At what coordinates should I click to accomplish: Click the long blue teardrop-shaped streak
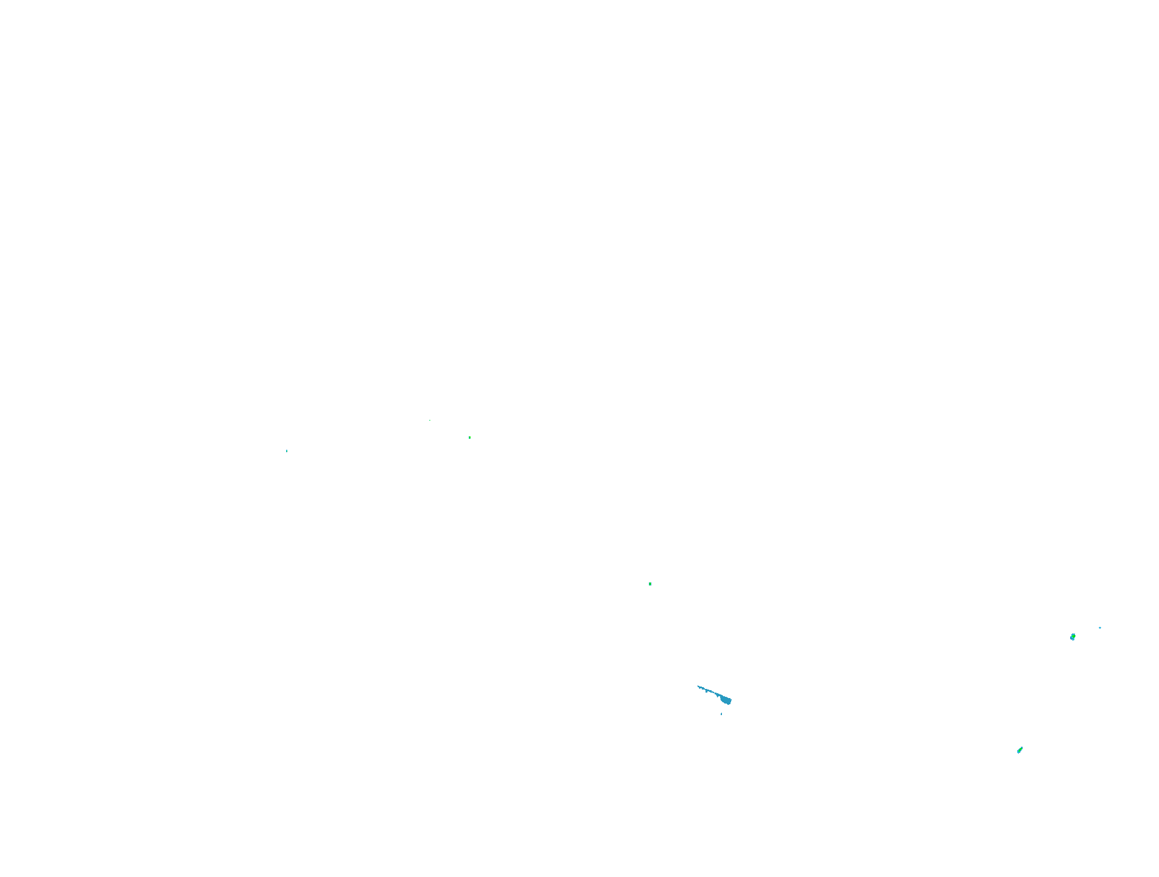716,694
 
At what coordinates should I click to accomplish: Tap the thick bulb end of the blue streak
726,701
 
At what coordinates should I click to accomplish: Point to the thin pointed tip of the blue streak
698,687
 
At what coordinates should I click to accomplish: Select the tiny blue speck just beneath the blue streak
721,714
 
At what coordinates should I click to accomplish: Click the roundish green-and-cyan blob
1073,637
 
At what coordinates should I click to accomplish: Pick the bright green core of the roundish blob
1073,636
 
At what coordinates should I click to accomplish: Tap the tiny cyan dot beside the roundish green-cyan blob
1100,627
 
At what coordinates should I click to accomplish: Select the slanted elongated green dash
1020,750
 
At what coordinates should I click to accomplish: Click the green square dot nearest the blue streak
650,584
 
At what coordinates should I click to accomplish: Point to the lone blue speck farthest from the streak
287,451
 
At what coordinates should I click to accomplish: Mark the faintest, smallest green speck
430,420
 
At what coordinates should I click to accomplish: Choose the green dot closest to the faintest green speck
469,438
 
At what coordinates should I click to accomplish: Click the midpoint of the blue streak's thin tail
709,691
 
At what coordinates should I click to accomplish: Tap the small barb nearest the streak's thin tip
706,691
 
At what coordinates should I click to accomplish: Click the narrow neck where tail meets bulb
721,696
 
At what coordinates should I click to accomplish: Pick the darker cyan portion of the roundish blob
1071,638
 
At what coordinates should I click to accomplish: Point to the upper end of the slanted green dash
1021,747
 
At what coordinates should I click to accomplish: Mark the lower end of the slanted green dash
1018,752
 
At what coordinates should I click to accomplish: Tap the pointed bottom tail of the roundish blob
1073,640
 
